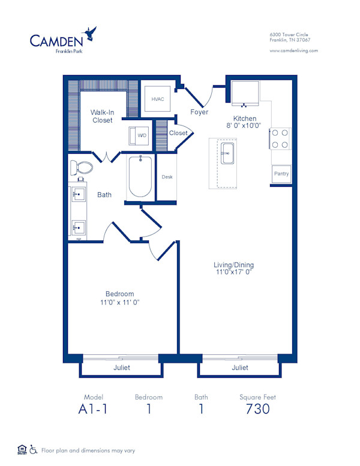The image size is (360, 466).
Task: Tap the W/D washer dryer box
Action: [x=142, y=135]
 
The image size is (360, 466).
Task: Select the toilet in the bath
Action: [x=80, y=167]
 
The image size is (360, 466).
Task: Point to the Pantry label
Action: [x=281, y=174]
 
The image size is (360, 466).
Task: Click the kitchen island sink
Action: [x=227, y=153]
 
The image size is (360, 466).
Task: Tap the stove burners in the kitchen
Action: [x=280, y=139]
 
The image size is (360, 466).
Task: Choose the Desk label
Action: [x=167, y=177]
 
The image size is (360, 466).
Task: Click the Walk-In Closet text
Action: [x=102, y=116]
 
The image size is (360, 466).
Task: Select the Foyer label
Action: [x=199, y=112]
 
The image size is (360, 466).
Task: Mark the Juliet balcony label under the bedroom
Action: [x=121, y=368]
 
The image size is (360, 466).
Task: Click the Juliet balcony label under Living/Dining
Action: [x=239, y=368]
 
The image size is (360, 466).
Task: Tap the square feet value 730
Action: [x=257, y=410]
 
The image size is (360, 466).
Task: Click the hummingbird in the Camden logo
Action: [x=91, y=31]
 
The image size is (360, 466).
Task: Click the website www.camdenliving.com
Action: [x=294, y=51]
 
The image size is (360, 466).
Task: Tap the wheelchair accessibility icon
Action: [x=34, y=449]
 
